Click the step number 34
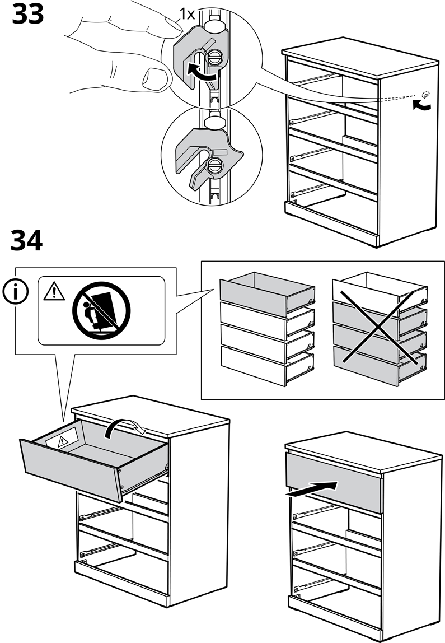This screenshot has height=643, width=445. click(26, 241)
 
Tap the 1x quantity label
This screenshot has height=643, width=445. click(187, 14)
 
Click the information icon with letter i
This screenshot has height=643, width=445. click(15, 292)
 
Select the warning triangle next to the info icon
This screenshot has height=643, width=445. click(54, 291)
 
